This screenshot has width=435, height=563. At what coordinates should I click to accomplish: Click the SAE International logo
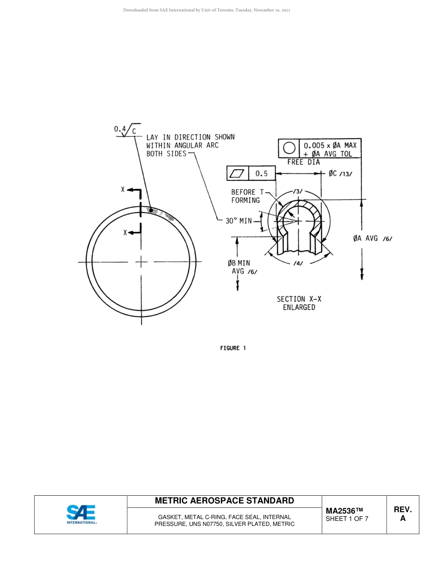coord(82,514)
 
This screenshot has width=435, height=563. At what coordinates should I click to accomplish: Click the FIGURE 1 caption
coord(233,348)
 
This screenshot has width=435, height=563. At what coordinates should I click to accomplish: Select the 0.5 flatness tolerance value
coord(261,173)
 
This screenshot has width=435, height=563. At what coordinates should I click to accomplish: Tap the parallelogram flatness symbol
coord(238,173)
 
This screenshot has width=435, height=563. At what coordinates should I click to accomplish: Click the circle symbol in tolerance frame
coord(289,149)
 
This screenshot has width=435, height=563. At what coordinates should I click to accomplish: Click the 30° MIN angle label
coord(239,221)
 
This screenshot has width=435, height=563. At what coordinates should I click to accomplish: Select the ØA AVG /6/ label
coord(372,238)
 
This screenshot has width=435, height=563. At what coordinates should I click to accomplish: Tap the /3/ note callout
coord(298,191)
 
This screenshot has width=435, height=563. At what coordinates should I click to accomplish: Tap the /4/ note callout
coord(298,264)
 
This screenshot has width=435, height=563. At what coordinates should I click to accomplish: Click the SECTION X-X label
coord(299,299)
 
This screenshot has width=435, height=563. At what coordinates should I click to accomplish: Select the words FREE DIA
coord(303,162)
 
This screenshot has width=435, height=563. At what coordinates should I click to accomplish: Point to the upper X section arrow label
coord(123,189)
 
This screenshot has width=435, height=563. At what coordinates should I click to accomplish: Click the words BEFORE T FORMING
coord(246,196)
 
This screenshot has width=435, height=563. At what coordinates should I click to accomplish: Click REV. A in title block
coord(402,514)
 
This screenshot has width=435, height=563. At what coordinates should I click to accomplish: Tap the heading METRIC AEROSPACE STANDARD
coord(224,501)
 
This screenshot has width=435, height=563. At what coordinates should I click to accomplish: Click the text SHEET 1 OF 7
coord(347,519)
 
